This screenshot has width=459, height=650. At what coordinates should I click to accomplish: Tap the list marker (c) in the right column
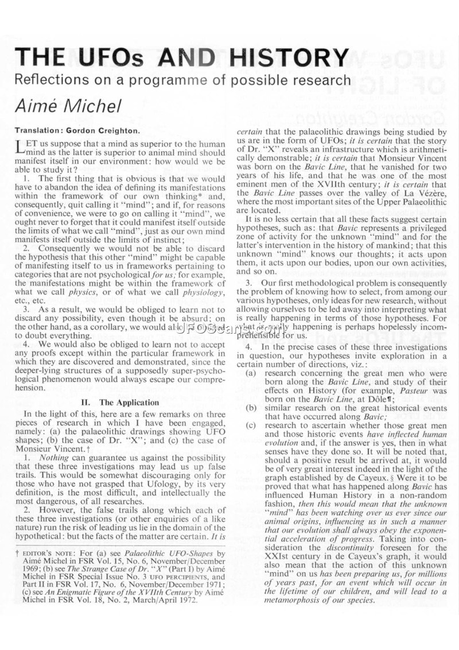pyautogui.click(x=251, y=425)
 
